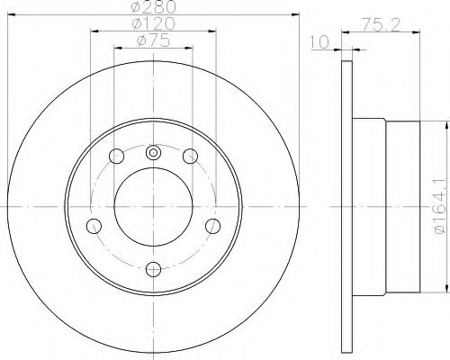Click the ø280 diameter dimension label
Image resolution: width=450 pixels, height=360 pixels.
point(153,7)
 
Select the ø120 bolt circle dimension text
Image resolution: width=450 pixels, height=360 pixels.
point(153,23)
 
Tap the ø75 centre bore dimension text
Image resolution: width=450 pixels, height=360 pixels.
point(153,40)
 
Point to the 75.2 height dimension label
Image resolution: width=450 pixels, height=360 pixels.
point(381,24)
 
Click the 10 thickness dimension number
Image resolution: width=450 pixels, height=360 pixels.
point(320,42)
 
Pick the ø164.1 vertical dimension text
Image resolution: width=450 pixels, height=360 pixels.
point(441,207)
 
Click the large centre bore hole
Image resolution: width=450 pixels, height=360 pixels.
point(153,207)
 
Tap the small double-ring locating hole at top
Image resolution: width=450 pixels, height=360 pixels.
point(153,153)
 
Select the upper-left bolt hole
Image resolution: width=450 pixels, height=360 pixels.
point(116,156)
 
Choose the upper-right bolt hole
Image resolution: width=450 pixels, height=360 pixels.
point(190,156)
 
